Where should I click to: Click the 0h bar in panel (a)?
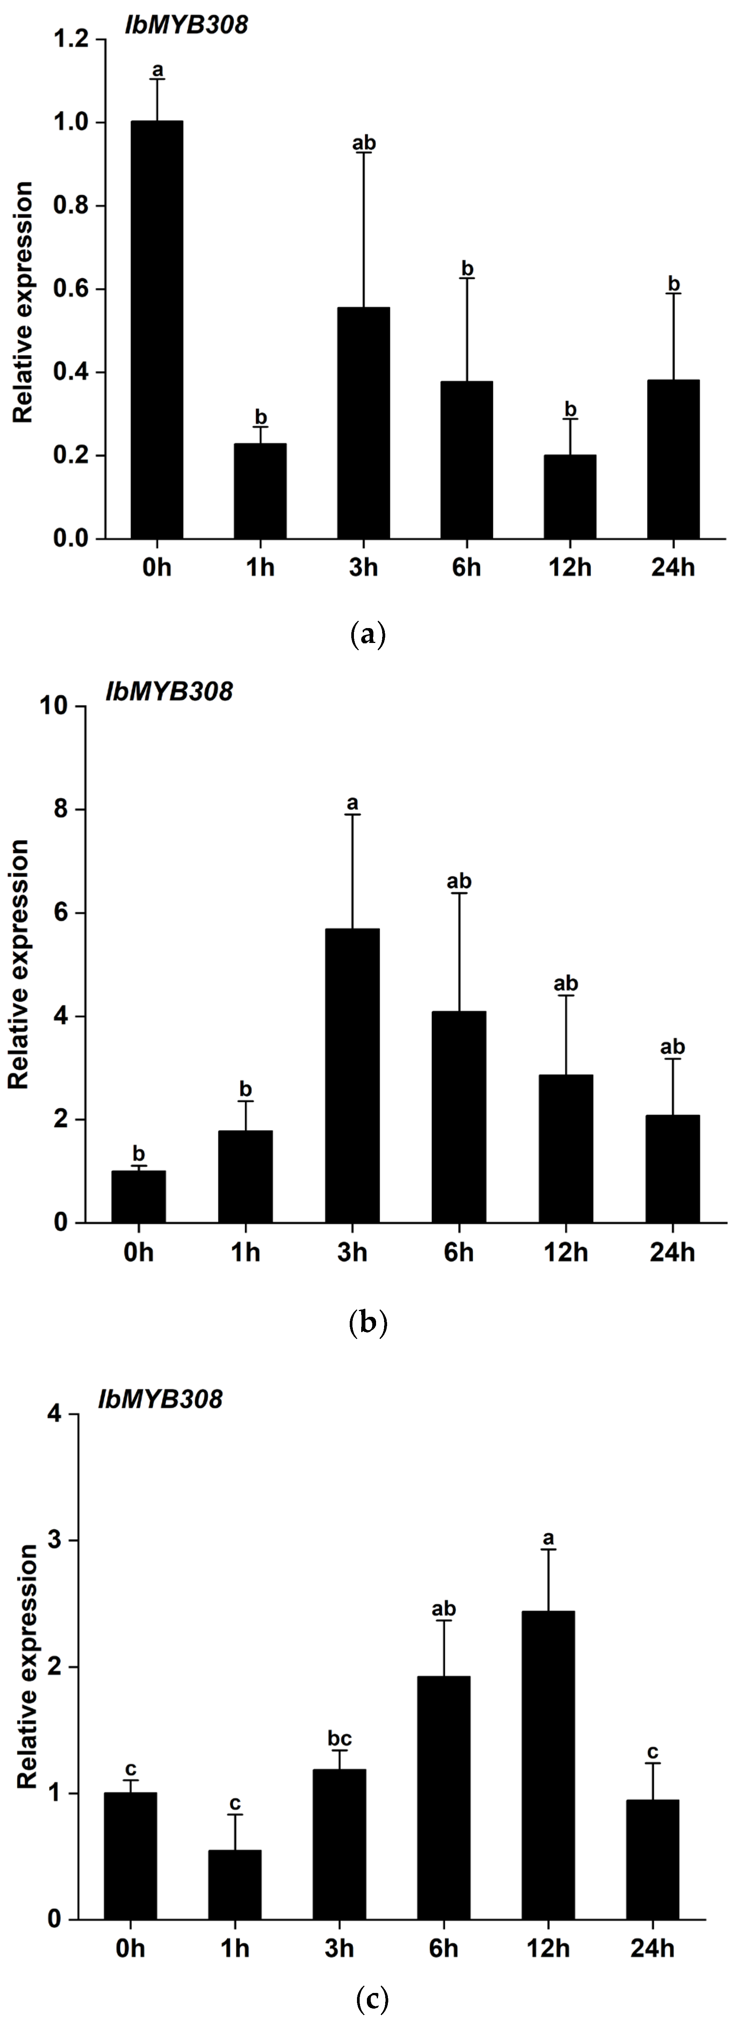(x=157, y=330)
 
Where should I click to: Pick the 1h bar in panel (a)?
(x=260, y=491)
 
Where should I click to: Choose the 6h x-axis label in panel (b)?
(x=459, y=1252)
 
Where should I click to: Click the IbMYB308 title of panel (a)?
(x=186, y=25)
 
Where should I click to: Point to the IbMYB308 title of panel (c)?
(x=160, y=1399)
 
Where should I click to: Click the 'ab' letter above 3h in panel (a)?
(x=364, y=143)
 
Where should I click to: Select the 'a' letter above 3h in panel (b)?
(x=352, y=803)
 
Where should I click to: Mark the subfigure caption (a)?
(x=368, y=633)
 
